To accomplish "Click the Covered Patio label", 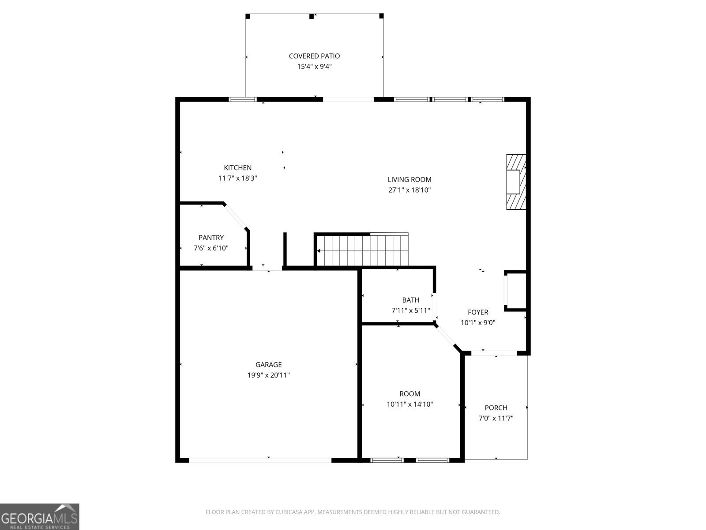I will click(314, 56).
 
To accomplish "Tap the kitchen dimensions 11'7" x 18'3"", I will click(238, 178).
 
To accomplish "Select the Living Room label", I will click(409, 179).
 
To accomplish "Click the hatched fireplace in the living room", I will click(516, 182).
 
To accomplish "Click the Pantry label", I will click(211, 238).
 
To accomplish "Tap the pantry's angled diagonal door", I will click(235, 216).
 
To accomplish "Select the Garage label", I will click(268, 365).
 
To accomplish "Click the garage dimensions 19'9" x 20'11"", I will click(268, 375).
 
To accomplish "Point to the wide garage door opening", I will click(260, 460).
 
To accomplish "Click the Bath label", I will click(411, 300).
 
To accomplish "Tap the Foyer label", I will click(478, 312).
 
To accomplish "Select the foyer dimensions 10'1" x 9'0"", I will click(478, 323).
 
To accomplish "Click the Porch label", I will click(496, 408).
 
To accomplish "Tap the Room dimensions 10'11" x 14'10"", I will click(410, 404).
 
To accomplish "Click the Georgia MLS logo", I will click(40, 516).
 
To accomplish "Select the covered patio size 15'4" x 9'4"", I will click(314, 67).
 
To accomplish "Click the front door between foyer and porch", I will click(494, 353).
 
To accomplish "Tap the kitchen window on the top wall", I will click(243, 99).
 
